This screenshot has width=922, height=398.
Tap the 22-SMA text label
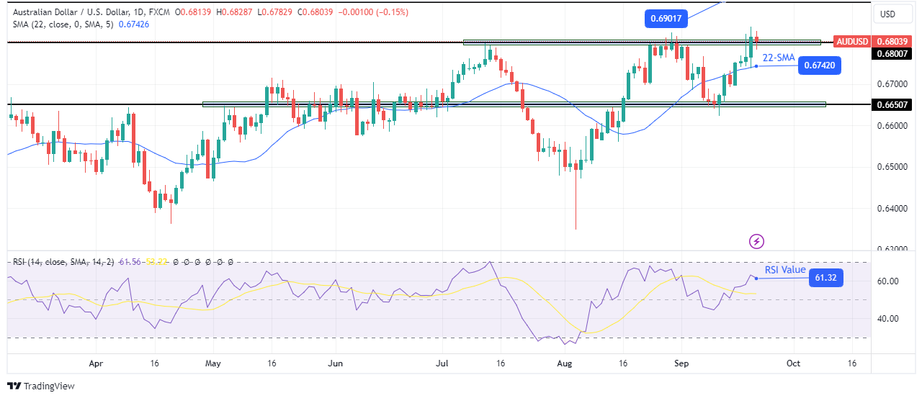(779, 57)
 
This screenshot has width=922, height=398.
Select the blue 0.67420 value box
(820, 65)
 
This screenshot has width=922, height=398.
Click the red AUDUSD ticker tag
(851, 42)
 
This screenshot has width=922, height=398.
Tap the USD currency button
(887, 14)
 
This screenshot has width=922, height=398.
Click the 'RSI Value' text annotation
(785, 270)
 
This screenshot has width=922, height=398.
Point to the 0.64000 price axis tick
(892, 209)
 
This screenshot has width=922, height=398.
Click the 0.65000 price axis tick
(892, 167)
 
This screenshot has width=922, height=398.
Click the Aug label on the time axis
(564, 364)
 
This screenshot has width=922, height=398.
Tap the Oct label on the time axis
(792, 364)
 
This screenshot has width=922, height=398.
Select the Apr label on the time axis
(94, 364)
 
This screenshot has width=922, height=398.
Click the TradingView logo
(41, 386)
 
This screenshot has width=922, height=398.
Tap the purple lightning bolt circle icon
(757, 240)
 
